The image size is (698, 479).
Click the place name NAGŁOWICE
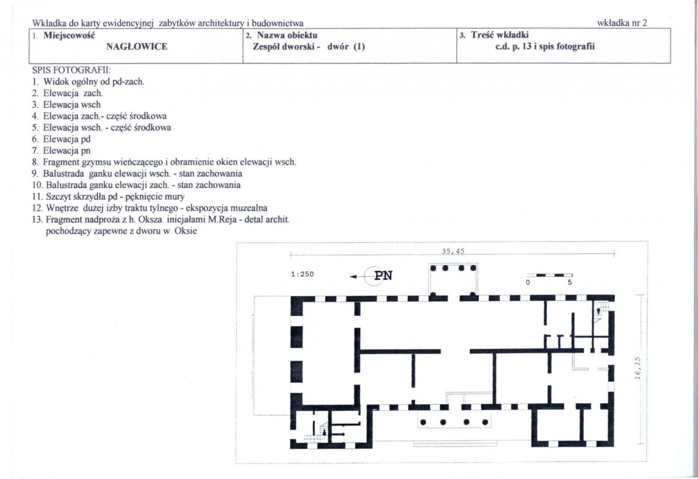point(137,47)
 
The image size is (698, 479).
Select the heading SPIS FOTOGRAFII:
point(71,71)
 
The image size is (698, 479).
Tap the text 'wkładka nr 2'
point(622,23)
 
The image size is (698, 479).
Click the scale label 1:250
point(302,274)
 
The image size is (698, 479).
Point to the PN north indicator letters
point(383,276)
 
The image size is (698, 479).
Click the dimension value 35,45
point(453,251)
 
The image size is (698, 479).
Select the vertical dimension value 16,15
point(637,369)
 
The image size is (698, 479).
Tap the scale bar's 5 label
point(570,282)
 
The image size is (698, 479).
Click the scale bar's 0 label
point(527,282)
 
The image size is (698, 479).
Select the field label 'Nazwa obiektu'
point(287,35)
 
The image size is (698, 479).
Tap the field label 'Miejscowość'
point(69,35)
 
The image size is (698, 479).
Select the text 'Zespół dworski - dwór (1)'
point(309,47)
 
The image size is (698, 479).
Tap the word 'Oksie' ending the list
point(186,231)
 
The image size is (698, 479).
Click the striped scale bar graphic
point(550,275)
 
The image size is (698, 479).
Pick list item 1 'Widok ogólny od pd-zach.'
point(88,82)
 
